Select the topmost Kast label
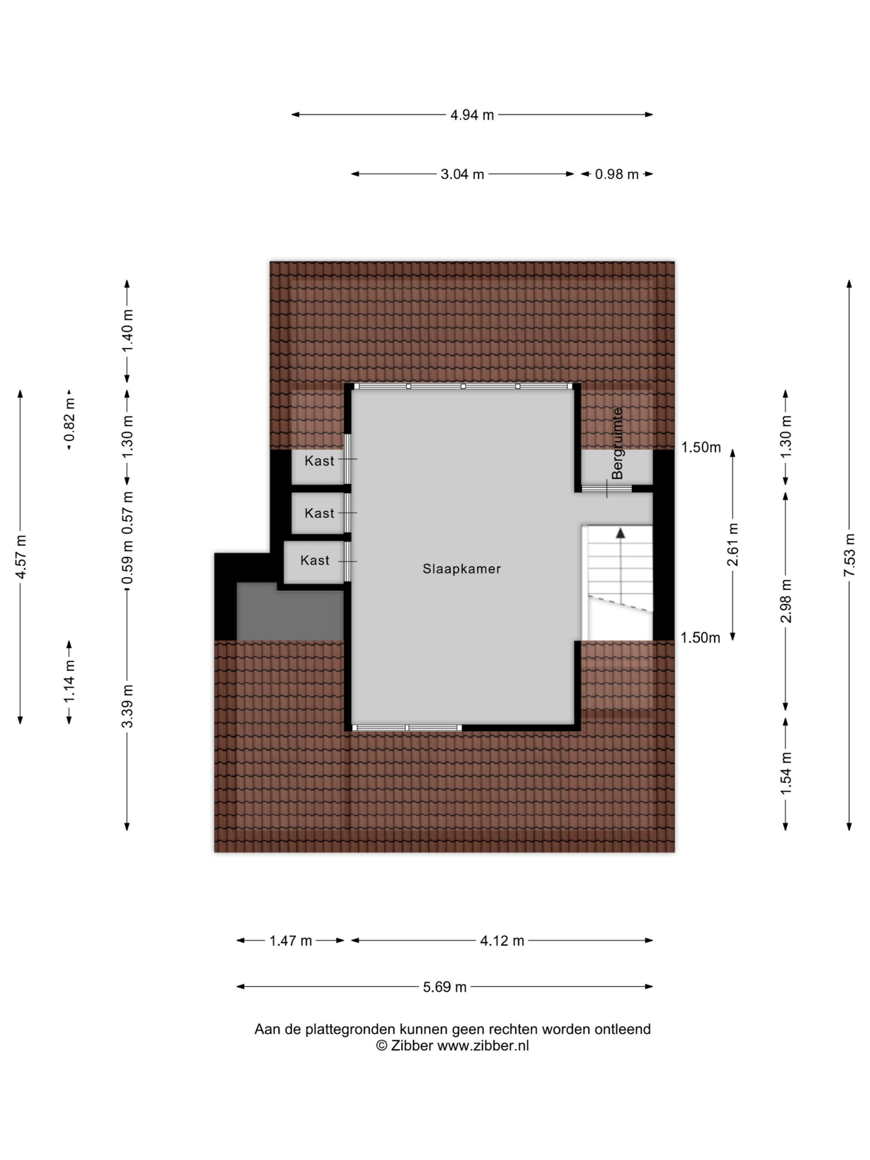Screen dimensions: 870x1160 tap(319, 461)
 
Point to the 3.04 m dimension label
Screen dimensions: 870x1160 tap(462, 174)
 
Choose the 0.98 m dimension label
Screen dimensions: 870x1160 tap(617, 174)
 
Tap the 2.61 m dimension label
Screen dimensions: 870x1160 tap(733, 544)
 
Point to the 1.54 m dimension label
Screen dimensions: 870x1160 tap(786, 773)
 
